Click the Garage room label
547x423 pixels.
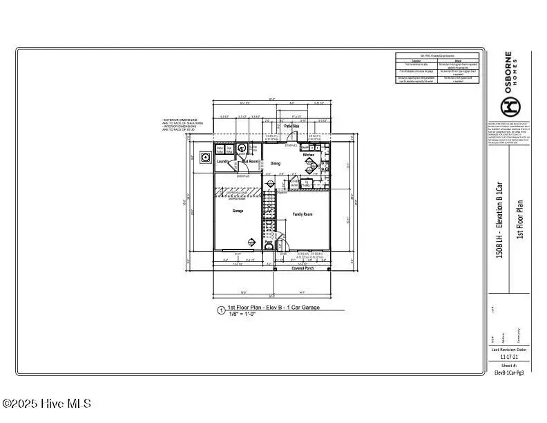[238, 211]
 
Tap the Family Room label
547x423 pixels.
[303, 214]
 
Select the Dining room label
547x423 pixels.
[276, 164]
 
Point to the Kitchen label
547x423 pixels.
[309, 156]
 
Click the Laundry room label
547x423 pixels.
[222, 162]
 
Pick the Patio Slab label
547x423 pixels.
[291, 126]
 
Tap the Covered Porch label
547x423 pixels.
[302, 268]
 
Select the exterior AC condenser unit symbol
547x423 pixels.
[205, 157]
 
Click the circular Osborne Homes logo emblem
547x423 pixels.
[509, 106]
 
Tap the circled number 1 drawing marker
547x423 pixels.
[220, 311]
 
